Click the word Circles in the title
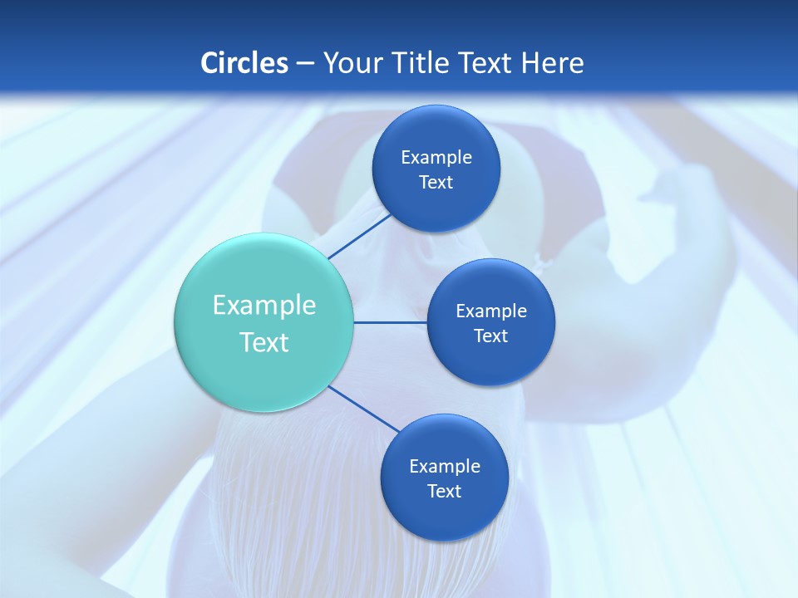click(x=244, y=63)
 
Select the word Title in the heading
click(x=423, y=63)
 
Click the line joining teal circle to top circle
click(x=360, y=236)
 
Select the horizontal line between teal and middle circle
click(x=390, y=322)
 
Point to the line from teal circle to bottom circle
click(x=364, y=409)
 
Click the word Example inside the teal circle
click(x=264, y=305)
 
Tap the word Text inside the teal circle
click(x=264, y=342)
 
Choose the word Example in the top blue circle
click(x=436, y=157)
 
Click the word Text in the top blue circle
click(x=436, y=182)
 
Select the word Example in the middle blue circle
click(x=490, y=311)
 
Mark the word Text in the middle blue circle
click(x=490, y=336)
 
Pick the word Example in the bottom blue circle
click(x=444, y=466)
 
